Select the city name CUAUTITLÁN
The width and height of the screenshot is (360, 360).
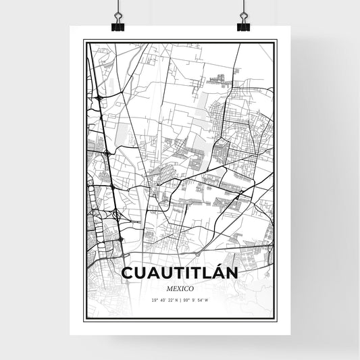(180, 274)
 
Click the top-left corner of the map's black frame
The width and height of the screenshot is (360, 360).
(84, 41)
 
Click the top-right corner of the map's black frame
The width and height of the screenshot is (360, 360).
(276, 41)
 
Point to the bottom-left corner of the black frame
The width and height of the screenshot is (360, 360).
(84, 320)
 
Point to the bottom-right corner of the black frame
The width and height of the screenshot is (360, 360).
(276, 320)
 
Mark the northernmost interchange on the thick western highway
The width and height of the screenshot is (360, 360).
(99, 99)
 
